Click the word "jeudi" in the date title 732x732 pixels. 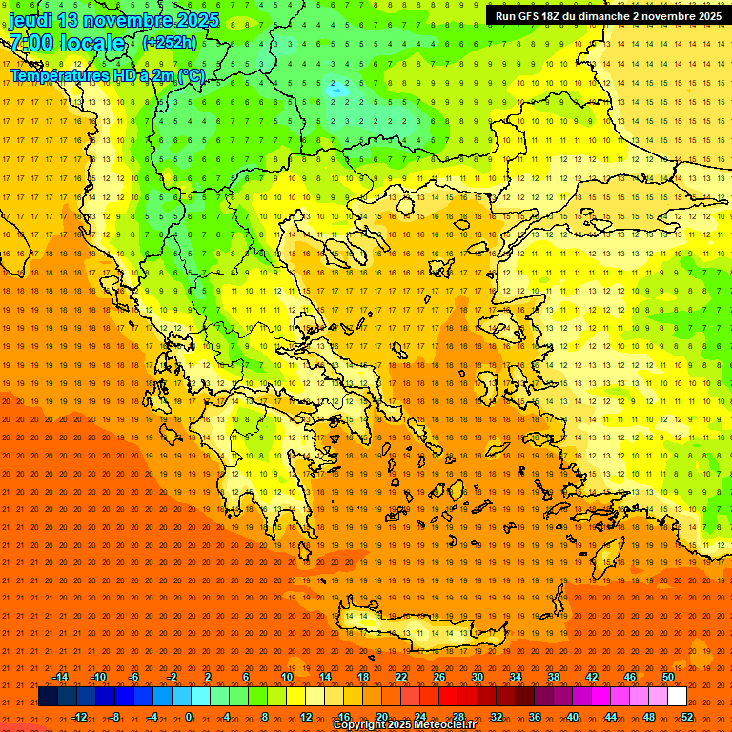tap(30, 20)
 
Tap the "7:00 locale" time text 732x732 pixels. tap(67, 43)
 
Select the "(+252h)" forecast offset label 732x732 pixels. tap(170, 42)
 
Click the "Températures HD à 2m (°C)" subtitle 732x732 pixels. tap(107, 75)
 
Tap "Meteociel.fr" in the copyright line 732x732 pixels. tap(439, 725)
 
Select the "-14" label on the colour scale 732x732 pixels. tap(60, 677)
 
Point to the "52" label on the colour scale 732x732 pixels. tap(687, 717)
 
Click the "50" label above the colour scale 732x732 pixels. tap(668, 677)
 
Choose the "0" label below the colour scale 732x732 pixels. tap(190, 717)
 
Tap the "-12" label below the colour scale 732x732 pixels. tap(79, 717)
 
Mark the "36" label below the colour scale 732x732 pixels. tap(535, 717)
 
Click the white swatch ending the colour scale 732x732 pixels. tap(677, 697)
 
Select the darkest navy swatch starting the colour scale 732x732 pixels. tap(48, 697)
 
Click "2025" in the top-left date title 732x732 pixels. tap(196, 20)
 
